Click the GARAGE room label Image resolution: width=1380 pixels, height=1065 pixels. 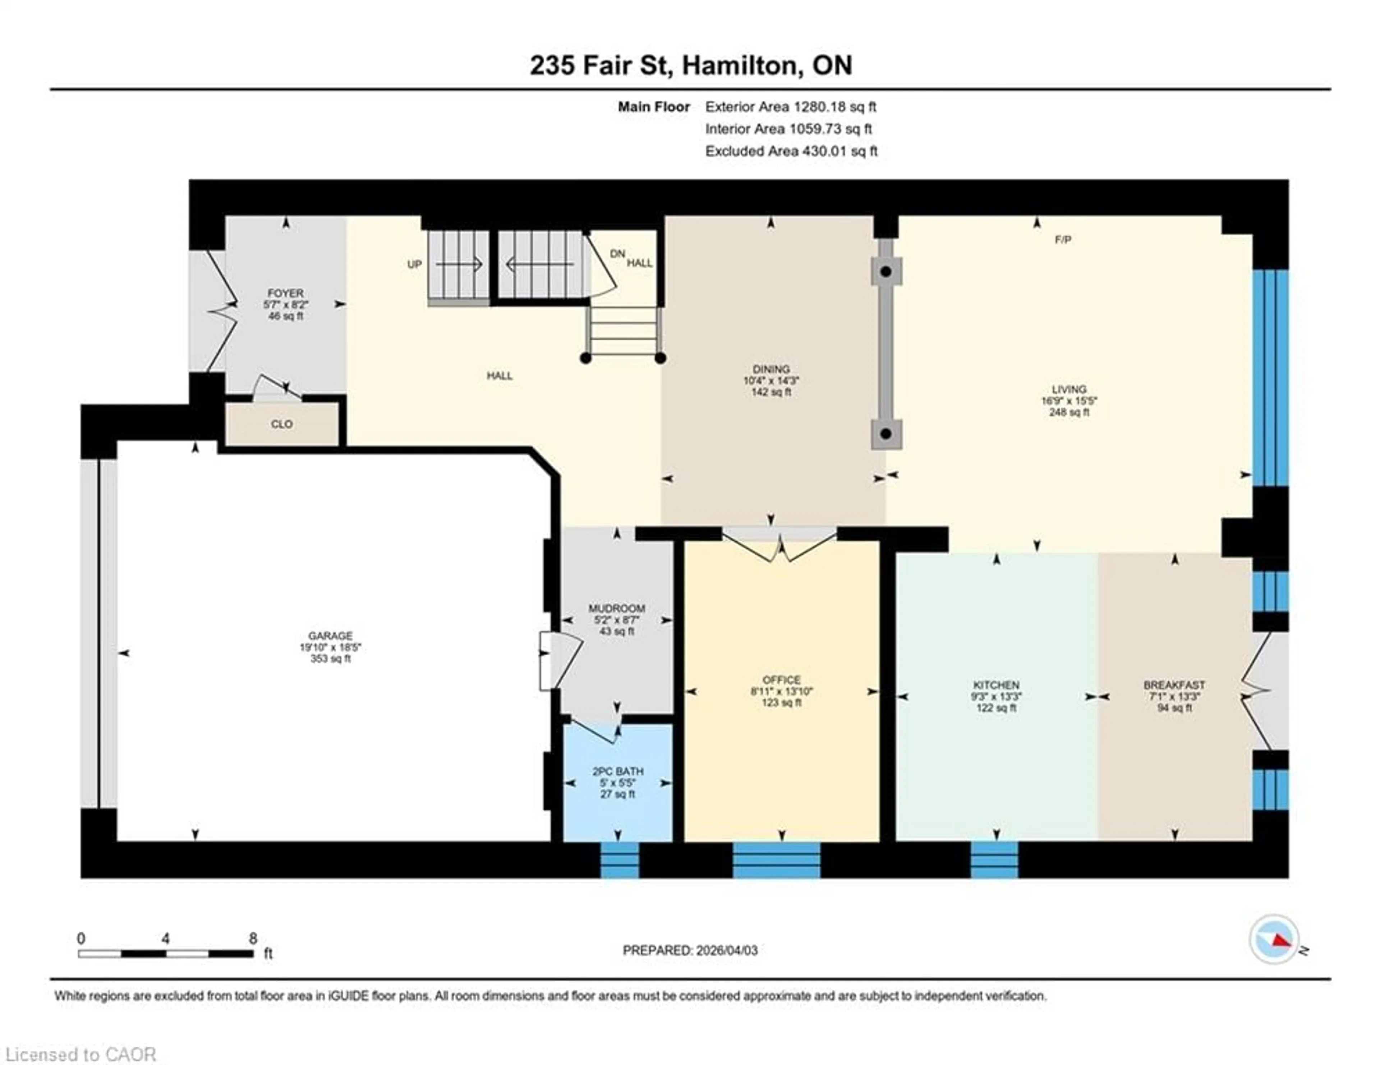(330, 636)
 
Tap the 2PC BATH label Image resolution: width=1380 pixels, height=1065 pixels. (617, 771)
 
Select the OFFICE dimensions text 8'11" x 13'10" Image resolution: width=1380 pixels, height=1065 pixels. (782, 691)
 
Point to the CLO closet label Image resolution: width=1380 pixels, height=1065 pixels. (282, 424)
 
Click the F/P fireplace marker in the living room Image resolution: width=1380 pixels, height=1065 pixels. (1063, 239)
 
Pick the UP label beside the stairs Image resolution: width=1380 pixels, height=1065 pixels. (414, 264)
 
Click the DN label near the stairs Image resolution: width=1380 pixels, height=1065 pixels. (617, 253)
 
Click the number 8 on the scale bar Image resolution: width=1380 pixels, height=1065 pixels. (253, 938)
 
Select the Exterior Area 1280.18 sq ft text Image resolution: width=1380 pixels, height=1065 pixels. (791, 107)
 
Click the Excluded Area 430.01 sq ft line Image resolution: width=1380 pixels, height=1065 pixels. (791, 151)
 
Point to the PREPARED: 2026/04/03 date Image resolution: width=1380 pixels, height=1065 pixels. (690, 950)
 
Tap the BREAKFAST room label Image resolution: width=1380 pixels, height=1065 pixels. (1174, 685)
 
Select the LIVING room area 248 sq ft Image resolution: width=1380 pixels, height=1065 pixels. (1069, 412)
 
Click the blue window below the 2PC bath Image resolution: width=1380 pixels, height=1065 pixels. (619, 860)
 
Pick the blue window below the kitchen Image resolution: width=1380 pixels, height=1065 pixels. (994, 860)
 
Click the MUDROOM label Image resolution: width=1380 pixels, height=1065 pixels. (617, 608)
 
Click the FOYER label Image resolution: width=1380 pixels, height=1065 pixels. (286, 293)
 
